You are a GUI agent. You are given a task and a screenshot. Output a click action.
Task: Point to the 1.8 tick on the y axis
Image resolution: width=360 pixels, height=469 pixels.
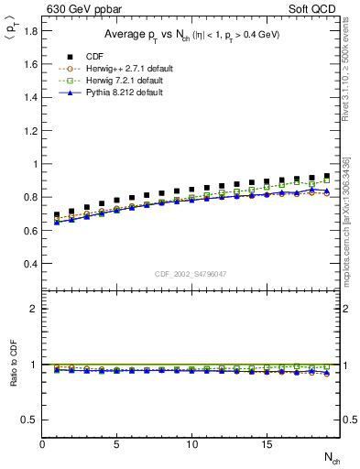(x=31, y=32)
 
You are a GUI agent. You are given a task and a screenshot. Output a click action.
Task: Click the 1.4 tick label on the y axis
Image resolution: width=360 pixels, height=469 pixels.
(x=31, y=98)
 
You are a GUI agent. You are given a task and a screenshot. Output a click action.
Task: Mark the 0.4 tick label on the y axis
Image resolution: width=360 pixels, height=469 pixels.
(x=31, y=264)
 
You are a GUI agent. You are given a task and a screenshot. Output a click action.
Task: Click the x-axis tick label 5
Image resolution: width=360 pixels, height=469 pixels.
(x=117, y=445)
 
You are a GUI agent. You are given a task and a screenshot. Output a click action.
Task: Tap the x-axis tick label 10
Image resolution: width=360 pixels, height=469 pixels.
(x=191, y=445)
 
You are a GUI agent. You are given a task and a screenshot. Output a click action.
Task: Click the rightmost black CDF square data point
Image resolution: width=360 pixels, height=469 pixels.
(x=327, y=176)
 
